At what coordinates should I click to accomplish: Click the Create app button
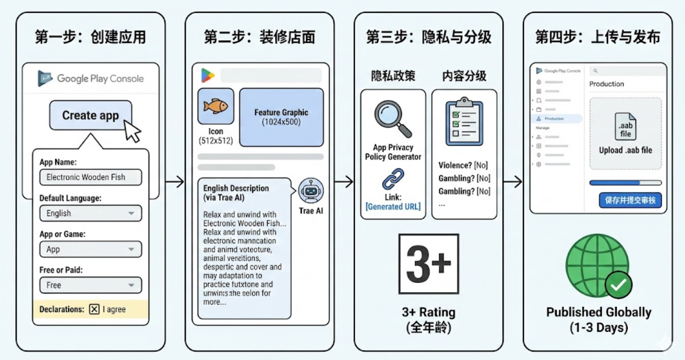pyautogui.click(x=91, y=115)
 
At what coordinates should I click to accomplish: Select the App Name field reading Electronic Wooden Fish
pyautogui.click(x=90, y=177)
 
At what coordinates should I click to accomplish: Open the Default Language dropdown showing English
pyautogui.click(x=90, y=213)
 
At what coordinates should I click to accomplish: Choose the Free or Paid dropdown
pyautogui.click(x=90, y=285)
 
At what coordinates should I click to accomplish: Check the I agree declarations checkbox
pyautogui.click(x=94, y=309)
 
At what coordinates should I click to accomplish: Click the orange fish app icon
pyautogui.click(x=215, y=106)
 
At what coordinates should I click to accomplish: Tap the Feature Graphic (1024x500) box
pyautogui.click(x=281, y=117)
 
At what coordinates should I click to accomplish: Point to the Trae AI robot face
pyautogui.click(x=311, y=191)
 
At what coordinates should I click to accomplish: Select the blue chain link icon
pyautogui.click(x=393, y=179)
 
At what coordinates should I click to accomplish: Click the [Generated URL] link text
pyautogui.click(x=393, y=206)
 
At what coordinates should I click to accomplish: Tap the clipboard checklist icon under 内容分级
pyautogui.click(x=464, y=122)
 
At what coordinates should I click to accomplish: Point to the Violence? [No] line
pyautogui.click(x=463, y=165)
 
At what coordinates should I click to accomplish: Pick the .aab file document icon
pyautogui.click(x=626, y=127)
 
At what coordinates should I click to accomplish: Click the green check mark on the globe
pyautogui.click(x=618, y=284)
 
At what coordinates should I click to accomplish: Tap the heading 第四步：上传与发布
pyautogui.click(x=597, y=37)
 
